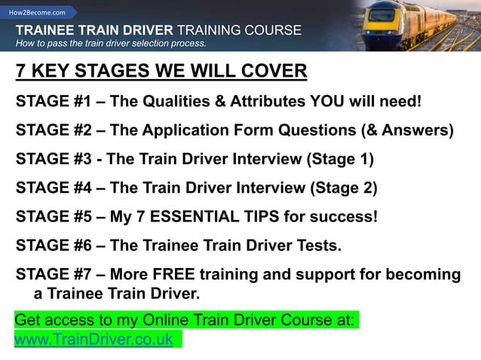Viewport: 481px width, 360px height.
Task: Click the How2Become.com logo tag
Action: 37,13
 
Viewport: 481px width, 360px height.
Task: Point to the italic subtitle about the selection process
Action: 111,44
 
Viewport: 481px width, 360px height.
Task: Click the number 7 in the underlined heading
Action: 21,72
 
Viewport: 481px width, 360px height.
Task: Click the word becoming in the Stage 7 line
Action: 424,275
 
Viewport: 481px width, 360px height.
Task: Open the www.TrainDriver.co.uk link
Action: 94,339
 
